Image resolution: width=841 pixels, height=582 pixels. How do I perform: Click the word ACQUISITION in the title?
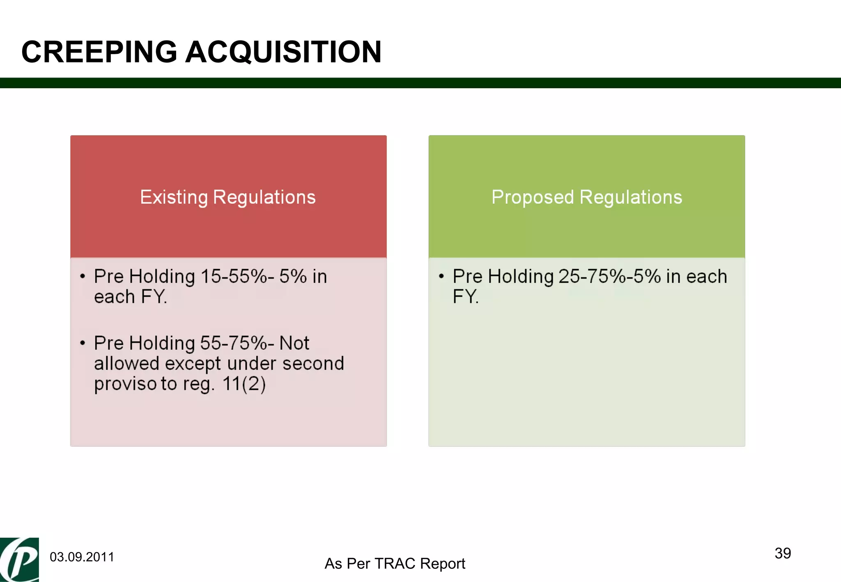[283, 52]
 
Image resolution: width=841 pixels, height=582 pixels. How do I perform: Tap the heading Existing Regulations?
[228, 197]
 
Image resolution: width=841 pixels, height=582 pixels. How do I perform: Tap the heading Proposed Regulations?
[586, 197]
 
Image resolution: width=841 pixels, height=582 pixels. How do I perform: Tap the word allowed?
[126, 364]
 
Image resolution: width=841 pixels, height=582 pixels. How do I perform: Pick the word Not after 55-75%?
[294, 343]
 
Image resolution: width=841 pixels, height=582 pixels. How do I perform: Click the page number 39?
[783, 553]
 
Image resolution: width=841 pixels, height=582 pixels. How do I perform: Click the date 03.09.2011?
[82, 557]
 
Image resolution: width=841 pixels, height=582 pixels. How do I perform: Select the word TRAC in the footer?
[396, 564]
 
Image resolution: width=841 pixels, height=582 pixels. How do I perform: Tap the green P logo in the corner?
[19, 559]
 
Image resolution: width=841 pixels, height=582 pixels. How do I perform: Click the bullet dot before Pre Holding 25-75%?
[441, 276]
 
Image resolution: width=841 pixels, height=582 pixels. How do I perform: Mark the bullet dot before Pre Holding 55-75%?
[83, 343]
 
